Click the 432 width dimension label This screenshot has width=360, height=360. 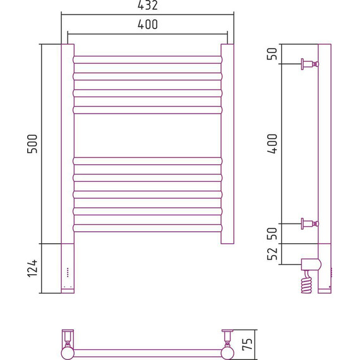click(x=148, y=5)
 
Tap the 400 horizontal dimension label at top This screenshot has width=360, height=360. click(x=148, y=25)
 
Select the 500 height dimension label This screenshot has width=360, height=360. click(x=32, y=144)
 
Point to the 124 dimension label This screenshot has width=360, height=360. click(x=32, y=268)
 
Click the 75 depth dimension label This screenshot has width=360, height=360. click(x=248, y=344)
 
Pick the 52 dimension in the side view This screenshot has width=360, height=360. click(x=272, y=254)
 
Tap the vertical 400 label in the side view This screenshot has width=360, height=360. click(x=272, y=144)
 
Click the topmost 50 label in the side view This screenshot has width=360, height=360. click(x=272, y=54)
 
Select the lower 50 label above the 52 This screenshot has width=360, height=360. click(x=272, y=234)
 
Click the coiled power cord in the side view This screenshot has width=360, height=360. click(x=307, y=282)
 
